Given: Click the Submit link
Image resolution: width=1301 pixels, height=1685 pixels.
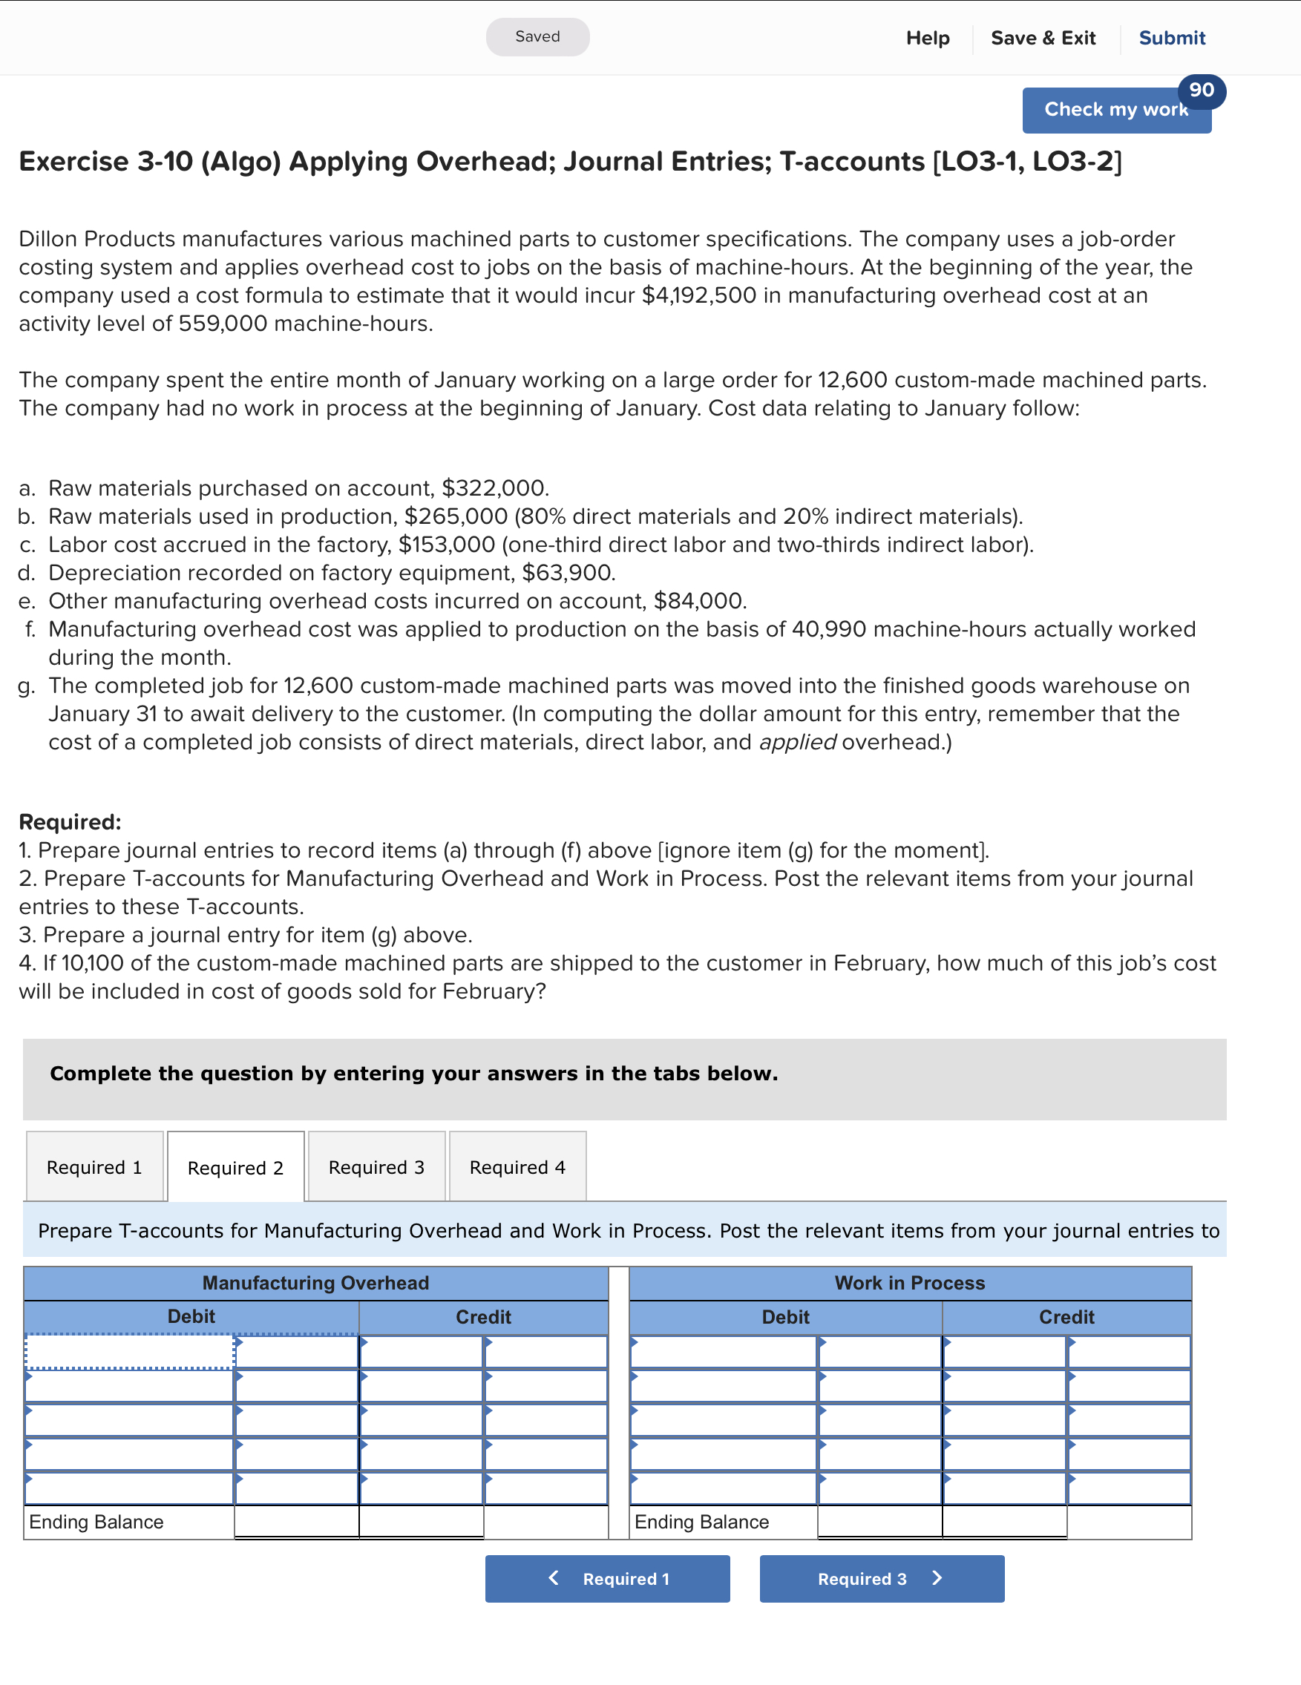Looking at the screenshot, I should click(x=1171, y=38).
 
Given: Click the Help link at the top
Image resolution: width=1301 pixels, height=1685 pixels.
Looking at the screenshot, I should click(x=928, y=38).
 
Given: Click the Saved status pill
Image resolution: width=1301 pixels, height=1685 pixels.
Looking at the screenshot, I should click(x=537, y=37).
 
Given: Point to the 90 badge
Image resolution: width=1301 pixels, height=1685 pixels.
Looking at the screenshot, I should click(x=1202, y=91).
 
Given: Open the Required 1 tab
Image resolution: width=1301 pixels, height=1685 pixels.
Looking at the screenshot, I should click(x=94, y=1166).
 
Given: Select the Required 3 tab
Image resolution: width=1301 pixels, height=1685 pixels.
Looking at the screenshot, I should click(x=376, y=1166).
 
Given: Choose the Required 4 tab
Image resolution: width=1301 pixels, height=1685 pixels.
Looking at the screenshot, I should click(x=517, y=1166).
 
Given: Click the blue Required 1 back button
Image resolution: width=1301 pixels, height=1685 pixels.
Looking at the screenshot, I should click(x=607, y=1579).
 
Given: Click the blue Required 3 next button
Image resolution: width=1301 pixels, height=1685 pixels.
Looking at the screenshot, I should click(x=881, y=1579).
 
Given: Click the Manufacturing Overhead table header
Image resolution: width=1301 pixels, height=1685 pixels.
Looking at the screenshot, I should click(x=315, y=1282).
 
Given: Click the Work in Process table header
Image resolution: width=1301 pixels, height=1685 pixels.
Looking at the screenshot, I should click(x=910, y=1282).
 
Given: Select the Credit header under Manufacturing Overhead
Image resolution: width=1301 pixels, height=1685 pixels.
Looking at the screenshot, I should click(x=483, y=1317).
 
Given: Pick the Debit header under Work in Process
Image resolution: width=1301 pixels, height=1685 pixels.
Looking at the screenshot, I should click(x=785, y=1317).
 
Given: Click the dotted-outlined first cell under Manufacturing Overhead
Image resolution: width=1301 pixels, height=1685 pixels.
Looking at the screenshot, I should click(x=130, y=1352).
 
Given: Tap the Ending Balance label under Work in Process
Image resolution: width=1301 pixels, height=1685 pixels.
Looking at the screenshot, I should click(x=701, y=1522).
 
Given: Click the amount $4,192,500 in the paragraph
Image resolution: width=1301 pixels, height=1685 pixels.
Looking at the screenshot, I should click(x=698, y=295).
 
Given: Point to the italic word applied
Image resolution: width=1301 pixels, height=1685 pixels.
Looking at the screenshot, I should click(x=797, y=742).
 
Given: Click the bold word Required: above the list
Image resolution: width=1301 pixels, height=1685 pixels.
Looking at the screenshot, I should click(x=71, y=821).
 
